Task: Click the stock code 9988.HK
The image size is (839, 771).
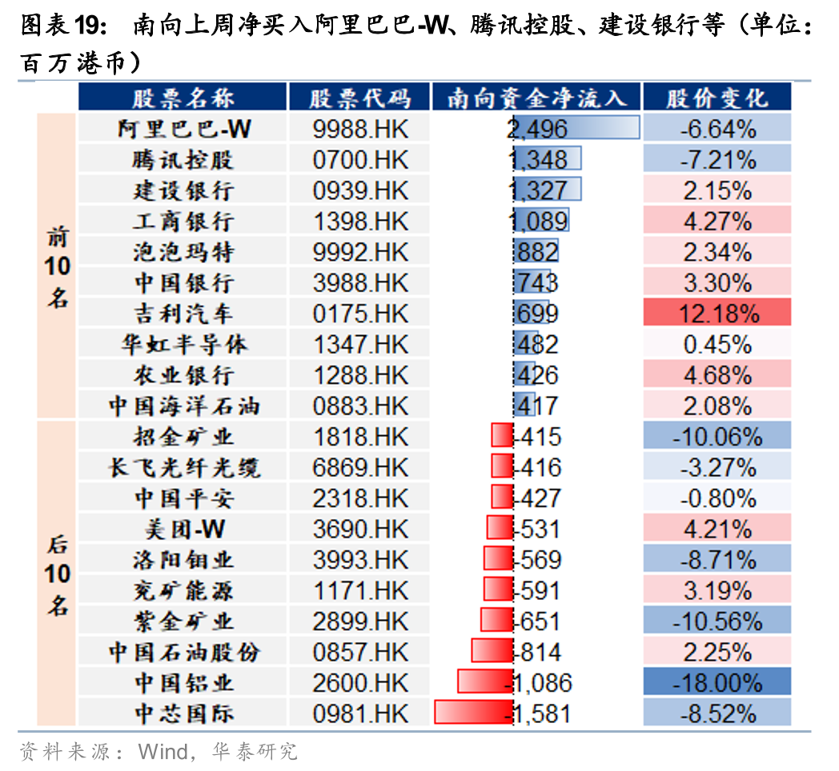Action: [360, 129]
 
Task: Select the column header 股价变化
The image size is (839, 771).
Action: [717, 98]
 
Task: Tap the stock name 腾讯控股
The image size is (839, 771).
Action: [183, 160]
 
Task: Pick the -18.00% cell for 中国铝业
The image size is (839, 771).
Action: [717, 683]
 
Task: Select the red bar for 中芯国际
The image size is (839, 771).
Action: [474, 713]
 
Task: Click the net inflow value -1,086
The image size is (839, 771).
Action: [543, 683]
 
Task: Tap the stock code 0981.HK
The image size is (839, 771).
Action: [360, 713]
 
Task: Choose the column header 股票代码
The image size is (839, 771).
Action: [360, 98]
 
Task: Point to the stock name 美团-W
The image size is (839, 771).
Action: [183, 529]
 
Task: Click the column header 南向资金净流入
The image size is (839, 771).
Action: [536, 98]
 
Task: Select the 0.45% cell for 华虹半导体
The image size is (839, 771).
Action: [717, 345]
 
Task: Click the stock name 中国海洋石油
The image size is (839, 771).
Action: [184, 405]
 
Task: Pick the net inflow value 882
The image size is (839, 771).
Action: [538, 252]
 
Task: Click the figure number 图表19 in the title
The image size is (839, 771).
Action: [62, 26]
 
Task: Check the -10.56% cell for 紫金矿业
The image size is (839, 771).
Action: [717, 621]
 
